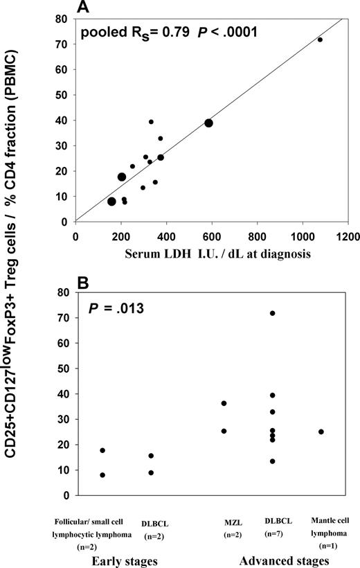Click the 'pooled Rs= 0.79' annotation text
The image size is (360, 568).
[125, 33]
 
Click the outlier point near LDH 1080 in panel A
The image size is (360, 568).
[320, 40]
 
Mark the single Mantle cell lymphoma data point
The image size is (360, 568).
[321, 432]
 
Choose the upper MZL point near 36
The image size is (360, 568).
[224, 403]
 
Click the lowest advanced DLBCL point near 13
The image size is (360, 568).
[273, 461]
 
